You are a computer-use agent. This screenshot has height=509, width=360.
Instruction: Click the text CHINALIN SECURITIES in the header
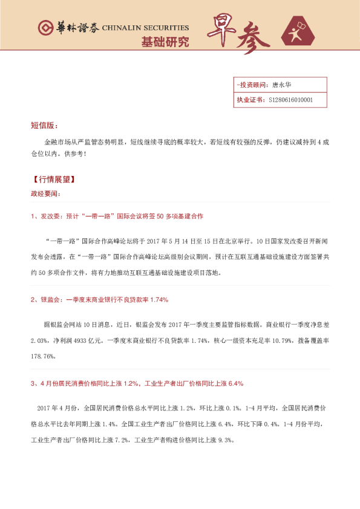[x=145, y=28]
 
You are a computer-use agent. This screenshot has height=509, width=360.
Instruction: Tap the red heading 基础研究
[x=165, y=42]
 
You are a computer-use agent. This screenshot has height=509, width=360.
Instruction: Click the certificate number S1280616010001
[x=290, y=100]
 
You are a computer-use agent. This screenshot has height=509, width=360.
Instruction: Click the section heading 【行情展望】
[x=53, y=181]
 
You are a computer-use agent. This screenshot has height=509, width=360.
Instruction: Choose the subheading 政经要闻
[x=45, y=194]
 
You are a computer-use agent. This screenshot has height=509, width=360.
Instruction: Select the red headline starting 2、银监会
[x=99, y=299]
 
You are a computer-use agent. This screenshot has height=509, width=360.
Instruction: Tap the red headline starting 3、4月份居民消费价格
[x=136, y=383]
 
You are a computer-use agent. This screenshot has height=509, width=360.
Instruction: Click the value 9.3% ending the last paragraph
[x=225, y=440]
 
